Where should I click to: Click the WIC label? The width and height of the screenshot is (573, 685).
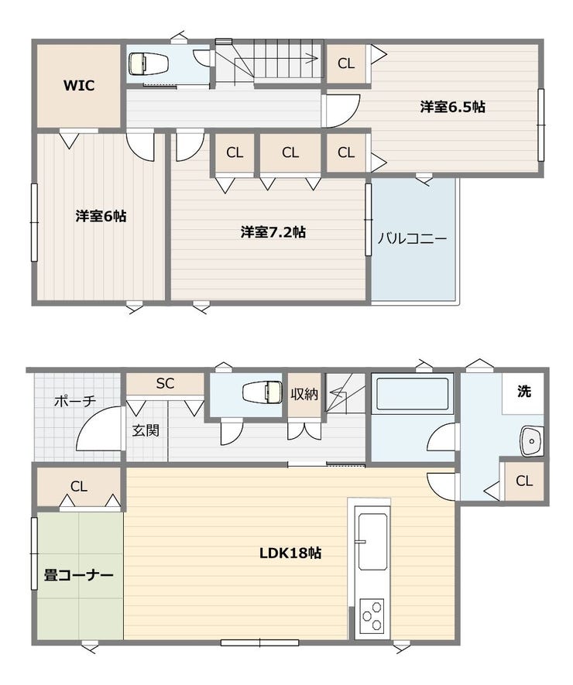pyautogui.click(x=79, y=85)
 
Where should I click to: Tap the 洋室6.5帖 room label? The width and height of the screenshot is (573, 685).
pyautogui.click(x=453, y=107)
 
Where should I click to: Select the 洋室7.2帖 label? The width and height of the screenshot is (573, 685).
pyautogui.click(x=273, y=231)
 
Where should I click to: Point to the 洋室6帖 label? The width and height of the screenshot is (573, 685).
pyautogui.click(x=101, y=216)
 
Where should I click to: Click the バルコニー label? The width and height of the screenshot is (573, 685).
pyautogui.click(x=412, y=238)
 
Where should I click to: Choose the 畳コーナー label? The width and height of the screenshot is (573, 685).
pyautogui.click(x=79, y=575)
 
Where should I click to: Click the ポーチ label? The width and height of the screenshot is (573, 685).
pyautogui.click(x=75, y=401)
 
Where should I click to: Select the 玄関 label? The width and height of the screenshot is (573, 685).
pyautogui.click(x=146, y=431)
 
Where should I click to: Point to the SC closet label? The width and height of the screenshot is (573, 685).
pyautogui.click(x=165, y=384)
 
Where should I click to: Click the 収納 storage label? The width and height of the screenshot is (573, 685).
pyautogui.click(x=304, y=394)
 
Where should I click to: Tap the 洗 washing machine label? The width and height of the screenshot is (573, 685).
pyautogui.click(x=524, y=391)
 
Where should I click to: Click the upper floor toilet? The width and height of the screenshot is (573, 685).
pyautogui.click(x=149, y=64)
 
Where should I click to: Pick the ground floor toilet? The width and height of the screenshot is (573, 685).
pyautogui.click(x=262, y=392)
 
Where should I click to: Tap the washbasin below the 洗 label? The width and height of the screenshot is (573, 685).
pyautogui.click(x=532, y=441)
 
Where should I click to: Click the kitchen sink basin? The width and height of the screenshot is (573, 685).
pyautogui.click(x=372, y=542)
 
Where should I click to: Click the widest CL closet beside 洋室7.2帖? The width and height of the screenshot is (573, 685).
pyautogui.click(x=290, y=153)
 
